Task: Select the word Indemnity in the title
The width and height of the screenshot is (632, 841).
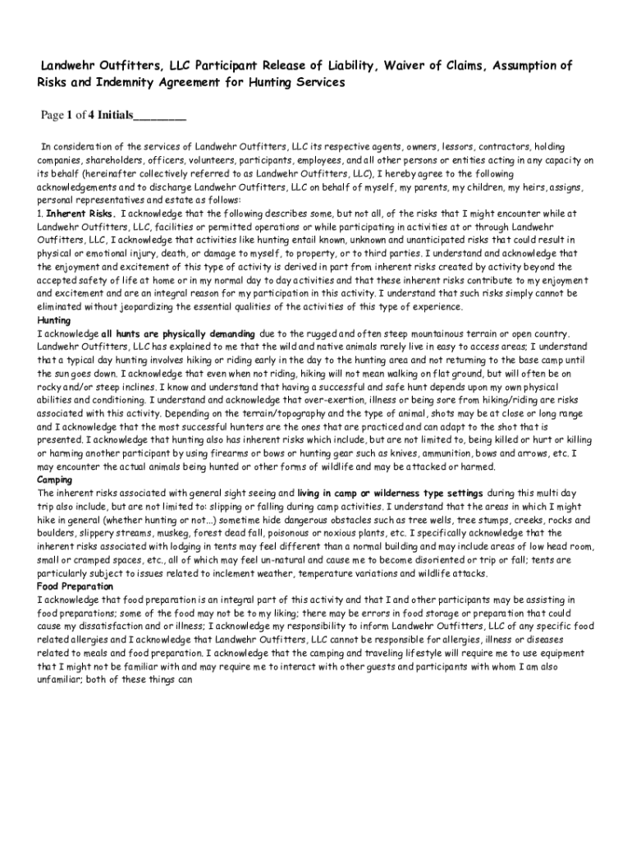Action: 117,83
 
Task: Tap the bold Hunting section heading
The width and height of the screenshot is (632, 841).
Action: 54,320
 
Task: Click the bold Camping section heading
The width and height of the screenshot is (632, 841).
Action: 55,480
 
